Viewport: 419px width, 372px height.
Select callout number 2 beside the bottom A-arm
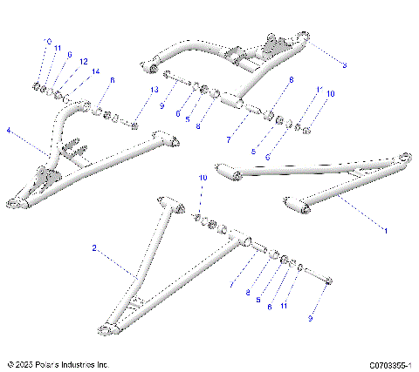click(94, 248)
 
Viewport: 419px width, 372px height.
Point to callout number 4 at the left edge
click(9, 132)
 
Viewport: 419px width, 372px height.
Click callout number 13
click(155, 91)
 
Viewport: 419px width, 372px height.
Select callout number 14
click(95, 71)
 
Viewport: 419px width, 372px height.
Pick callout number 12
click(83, 62)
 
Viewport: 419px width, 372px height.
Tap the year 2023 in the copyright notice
click(25, 365)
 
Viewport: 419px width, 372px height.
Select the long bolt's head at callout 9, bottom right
click(329, 281)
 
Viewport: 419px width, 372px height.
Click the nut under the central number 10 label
click(197, 216)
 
